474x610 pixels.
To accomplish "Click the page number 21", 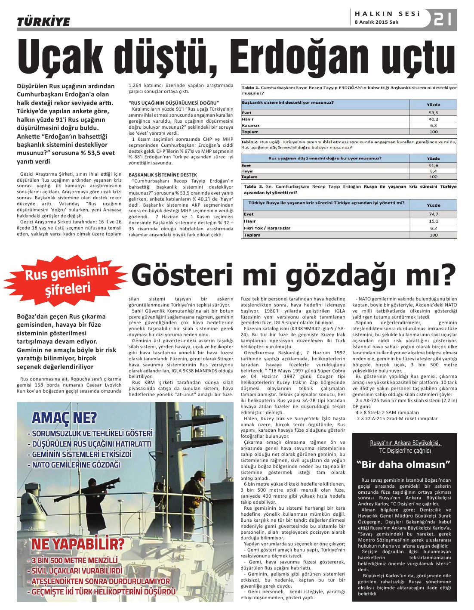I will coord(443,19).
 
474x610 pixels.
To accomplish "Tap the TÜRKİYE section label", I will coord(43,22).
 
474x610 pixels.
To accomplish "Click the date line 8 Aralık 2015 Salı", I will coord(376,22).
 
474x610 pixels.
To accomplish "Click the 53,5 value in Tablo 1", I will coord(433,113).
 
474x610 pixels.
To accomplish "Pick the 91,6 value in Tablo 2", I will coord(433,166).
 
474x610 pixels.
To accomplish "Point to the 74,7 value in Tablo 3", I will coord(433,214).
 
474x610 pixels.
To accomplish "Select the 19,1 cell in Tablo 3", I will coord(433,221).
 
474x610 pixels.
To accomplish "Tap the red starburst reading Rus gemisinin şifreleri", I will coord(67,280).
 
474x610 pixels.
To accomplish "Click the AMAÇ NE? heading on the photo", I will coord(64,418).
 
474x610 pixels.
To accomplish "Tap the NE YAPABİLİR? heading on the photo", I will coord(78,543).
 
